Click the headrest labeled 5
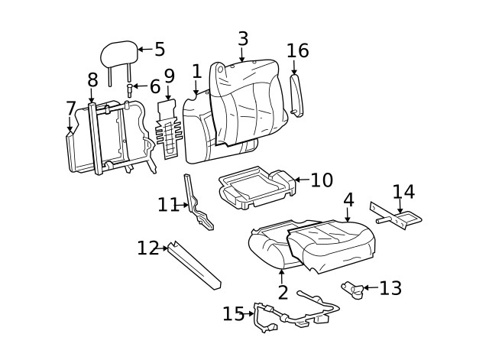coord(118,54)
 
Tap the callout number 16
coord(297,51)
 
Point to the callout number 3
coord(243,38)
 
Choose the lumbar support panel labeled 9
coord(168,130)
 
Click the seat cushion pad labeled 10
coord(254,188)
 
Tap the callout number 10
coord(322,180)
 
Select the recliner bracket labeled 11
coord(199,206)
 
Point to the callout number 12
coord(147,248)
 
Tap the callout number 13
coord(390,288)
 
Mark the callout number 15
coord(233,313)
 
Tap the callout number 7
coord(70,109)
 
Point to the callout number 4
coord(348,199)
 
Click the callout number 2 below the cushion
coord(283,293)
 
